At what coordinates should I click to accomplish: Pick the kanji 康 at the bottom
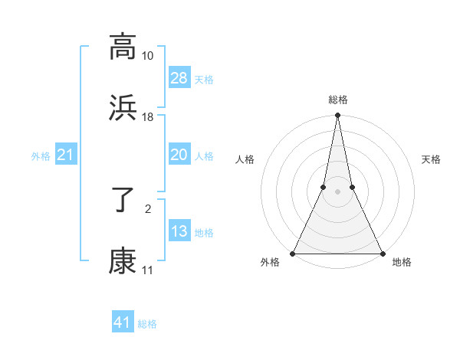[x=123, y=260]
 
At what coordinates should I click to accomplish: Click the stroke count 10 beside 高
[x=147, y=56]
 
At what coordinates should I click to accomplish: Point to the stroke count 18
[x=147, y=117]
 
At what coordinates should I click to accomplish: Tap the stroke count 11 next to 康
[x=147, y=270]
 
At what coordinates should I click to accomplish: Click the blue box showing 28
[x=179, y=78]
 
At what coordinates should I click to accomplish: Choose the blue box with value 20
[x=179, y=155]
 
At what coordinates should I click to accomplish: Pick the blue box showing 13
[x=179, y=231]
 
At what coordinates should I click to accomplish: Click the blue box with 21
[x=66, y=155]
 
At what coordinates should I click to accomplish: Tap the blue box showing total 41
[x=123, y=322]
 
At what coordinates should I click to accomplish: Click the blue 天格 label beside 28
[x=204, y=79]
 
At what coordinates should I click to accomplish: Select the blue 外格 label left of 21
[x=41, y=156]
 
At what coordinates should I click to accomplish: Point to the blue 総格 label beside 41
[x=147, y=324]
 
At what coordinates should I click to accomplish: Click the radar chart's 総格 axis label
[x=337, y=100]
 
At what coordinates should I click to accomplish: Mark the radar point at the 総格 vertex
[x=337, y=116]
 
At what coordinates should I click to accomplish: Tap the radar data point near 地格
[x=382, y=253]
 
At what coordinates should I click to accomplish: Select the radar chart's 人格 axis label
[x=245, y=159]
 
